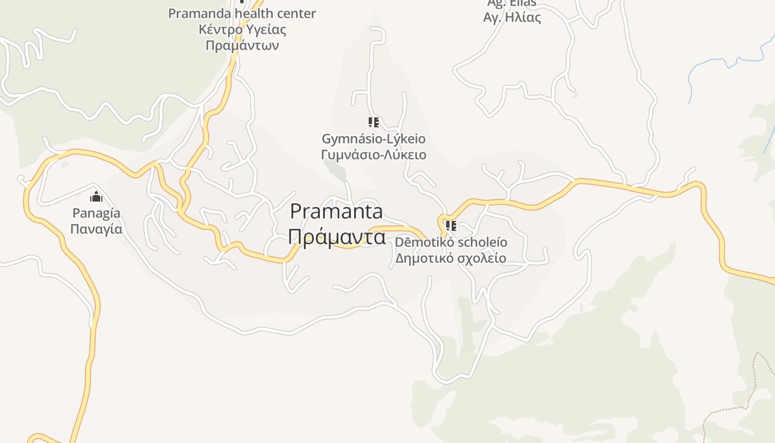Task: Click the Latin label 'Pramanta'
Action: coord(336,212)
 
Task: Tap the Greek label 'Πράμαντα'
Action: coord(336,237)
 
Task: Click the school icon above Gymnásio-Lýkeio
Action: coord(374,122)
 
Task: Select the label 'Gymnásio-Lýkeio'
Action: coord(374,138)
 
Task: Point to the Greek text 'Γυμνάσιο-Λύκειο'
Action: coord(374,154)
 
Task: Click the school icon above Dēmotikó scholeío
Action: coord(451,225)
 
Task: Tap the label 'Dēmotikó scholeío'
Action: coord(451,243)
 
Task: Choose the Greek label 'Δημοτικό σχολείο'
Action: coord(451,258)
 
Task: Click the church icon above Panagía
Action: coord(96,196)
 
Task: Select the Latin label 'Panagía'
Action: coord(96,213)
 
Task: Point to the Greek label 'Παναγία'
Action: coord(96,229)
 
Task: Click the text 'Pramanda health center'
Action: coord(242,14)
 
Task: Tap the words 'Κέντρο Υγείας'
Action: coord(242,29)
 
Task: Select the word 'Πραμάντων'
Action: coord(242,45)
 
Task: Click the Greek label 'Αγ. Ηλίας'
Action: coord(512,18)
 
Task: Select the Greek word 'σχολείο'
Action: coord(481,258)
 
